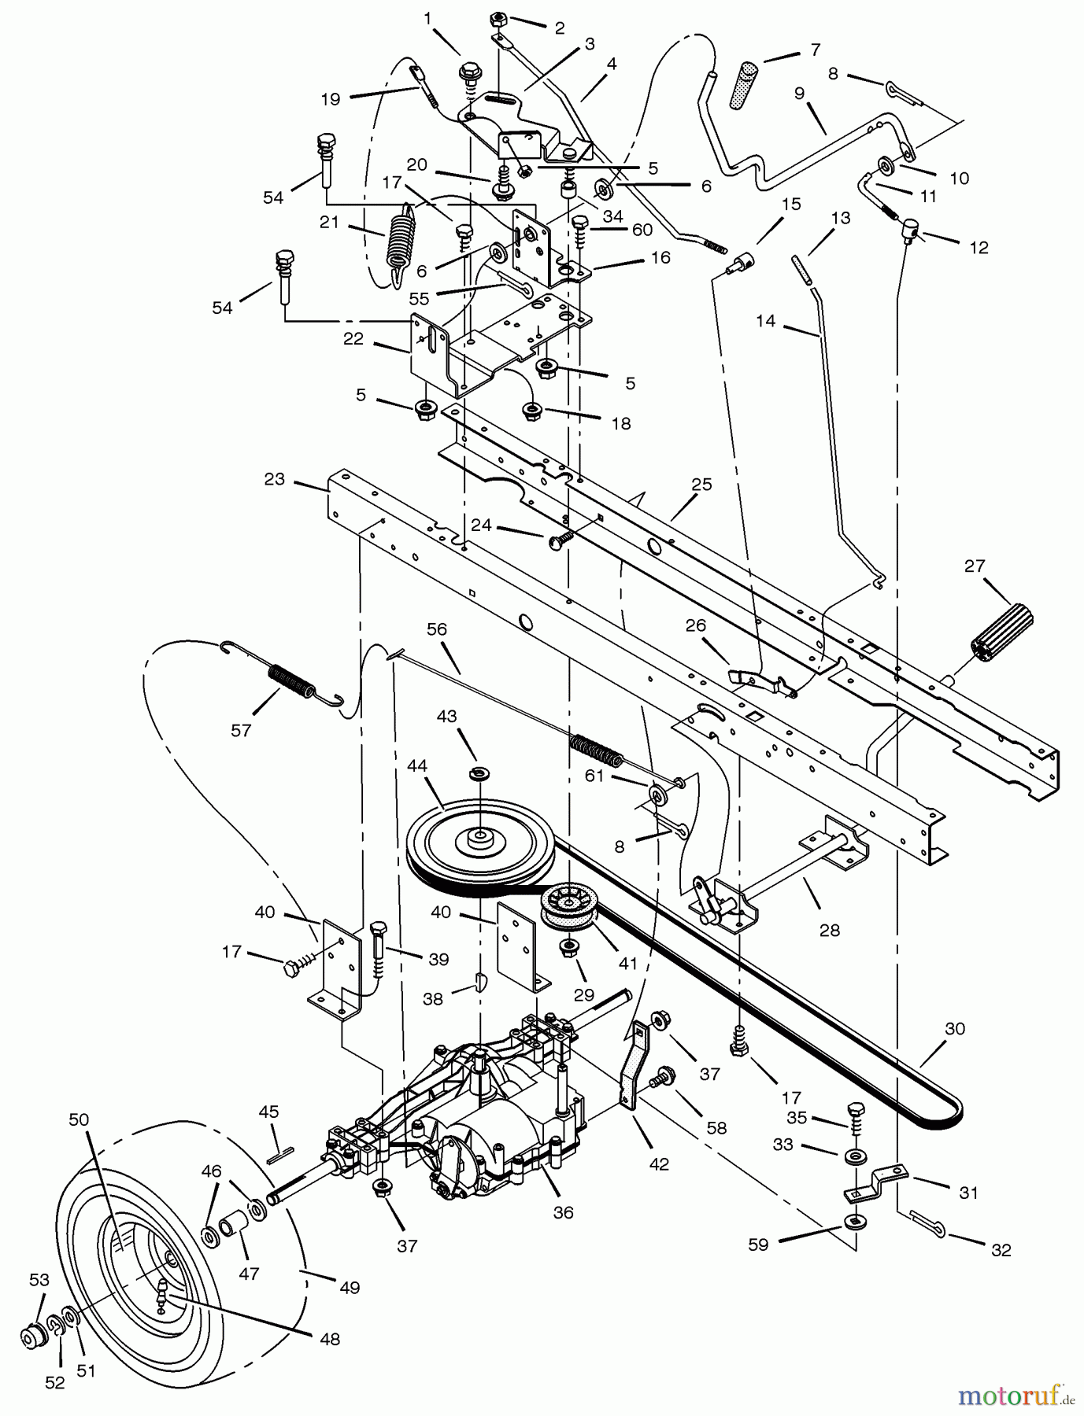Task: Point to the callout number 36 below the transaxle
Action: point(563,1212)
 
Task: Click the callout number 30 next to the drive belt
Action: point(954,1029)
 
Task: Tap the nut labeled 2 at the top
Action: point(498,19)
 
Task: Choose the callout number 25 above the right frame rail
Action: point(701,485)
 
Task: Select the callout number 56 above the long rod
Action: point(437,629)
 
